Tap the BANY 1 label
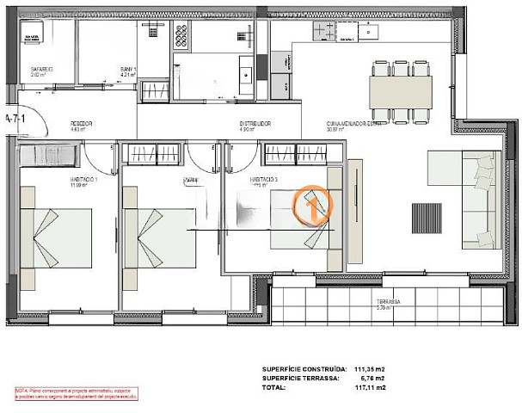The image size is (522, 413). pyautogui.click(x=129, y=69)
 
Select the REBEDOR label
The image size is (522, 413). pyautogui.click(x=82, y=124)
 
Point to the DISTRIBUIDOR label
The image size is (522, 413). pyautogui.click(x=255, y=124)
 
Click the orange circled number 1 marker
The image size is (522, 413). pyautogui.click(x=313, y=203)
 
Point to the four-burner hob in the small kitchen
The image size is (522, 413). pyautogui.click(x=181, y=35)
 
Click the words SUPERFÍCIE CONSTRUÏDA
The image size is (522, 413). pyautogui.click(x=302, y=369)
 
